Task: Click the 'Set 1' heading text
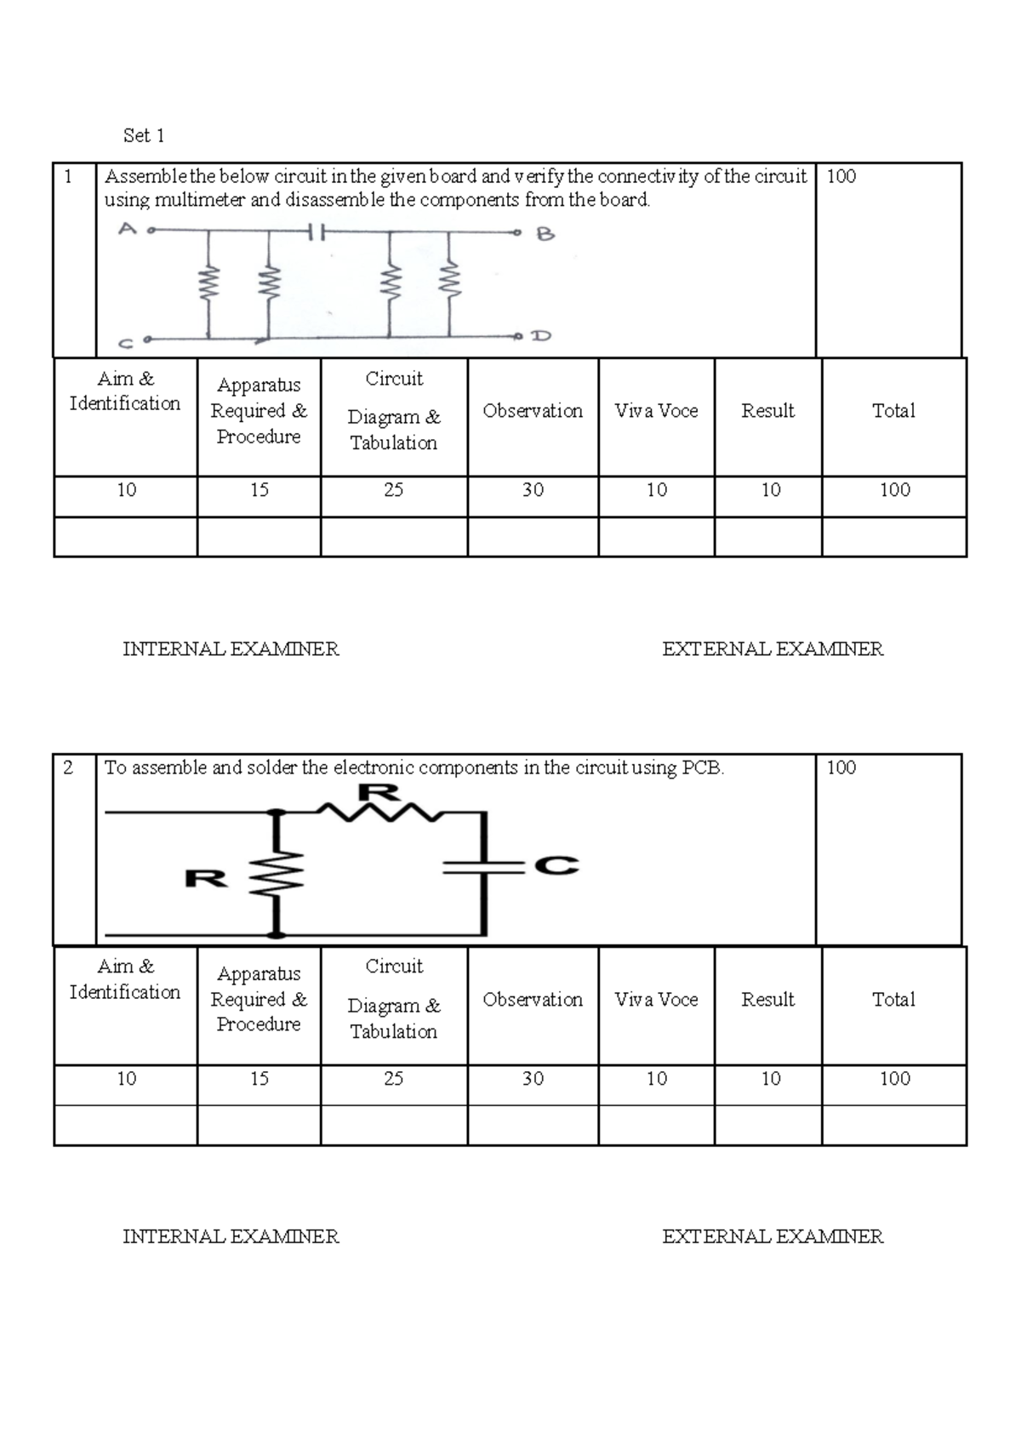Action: coord(144,135)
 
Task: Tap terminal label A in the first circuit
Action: coord(127,228)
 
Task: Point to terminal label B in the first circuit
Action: coord(545,234)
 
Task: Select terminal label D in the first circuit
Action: coord(541,336)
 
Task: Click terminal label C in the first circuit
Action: coord(125,344)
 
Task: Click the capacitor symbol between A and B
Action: coord(316,231)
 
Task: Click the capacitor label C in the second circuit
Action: coord(556,866)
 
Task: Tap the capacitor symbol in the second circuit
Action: coord(482,867)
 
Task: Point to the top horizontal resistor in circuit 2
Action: coord(379,813)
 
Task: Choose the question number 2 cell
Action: coord(68,767)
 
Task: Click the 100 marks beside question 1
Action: coord(841,176)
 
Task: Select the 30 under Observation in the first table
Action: coord(533,490)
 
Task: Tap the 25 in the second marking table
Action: coord(393,1079)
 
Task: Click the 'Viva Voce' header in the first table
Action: coord(656,411)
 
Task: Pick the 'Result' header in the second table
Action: coord(767,1000)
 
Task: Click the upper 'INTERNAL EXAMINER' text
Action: coord(231,649)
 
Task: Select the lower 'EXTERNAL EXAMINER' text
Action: coord(773,1236)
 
